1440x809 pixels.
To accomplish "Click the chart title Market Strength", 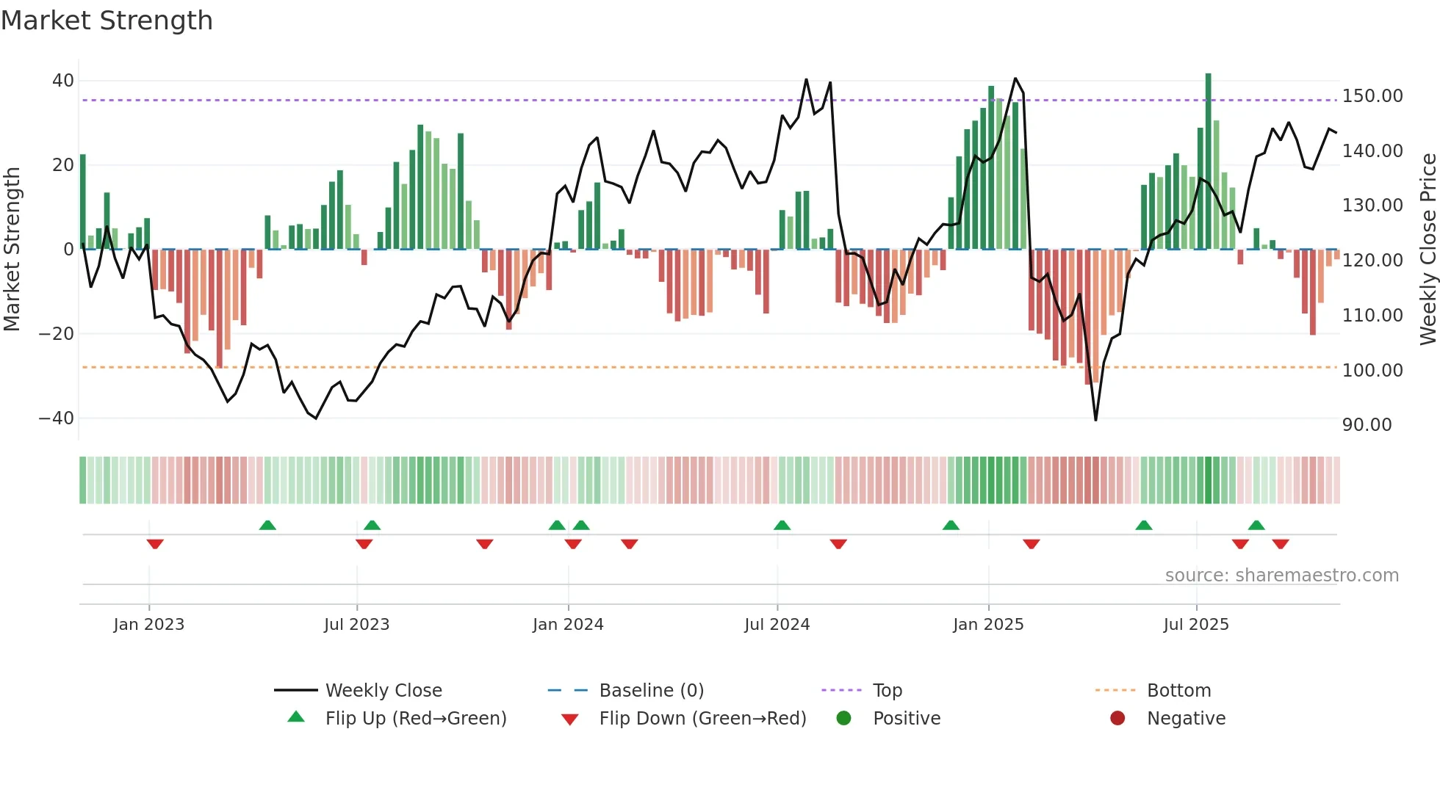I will coord(107,21).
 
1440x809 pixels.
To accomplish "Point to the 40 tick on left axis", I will coord(63,81).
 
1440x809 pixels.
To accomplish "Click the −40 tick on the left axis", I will coord(57,418).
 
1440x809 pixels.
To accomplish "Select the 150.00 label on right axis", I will coord(1372,96).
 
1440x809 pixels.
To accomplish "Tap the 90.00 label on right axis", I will coord(1367,425).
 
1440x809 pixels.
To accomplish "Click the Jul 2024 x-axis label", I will coord(777,625).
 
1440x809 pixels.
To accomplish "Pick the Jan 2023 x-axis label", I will coord(148,625).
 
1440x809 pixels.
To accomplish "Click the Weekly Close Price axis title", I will coord(1428,250).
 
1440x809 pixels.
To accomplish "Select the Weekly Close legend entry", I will coord(383,691).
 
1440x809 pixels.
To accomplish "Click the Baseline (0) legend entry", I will coord(651,691).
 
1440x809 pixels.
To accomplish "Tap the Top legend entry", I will coord(887,691).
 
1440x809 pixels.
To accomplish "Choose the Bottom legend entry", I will coord(1178,691).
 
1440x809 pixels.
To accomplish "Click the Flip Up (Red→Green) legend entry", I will coord(415,719).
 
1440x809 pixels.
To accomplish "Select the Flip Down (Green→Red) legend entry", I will coord(702,719).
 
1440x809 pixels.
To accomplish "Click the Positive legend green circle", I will coord(843,718).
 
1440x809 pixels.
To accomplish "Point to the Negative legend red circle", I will coord(1117,718).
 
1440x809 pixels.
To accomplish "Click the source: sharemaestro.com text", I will coord(1281,576).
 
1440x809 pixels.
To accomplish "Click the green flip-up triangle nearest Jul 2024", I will coord(782,526).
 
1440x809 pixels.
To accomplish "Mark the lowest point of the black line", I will coord(1095,420).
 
